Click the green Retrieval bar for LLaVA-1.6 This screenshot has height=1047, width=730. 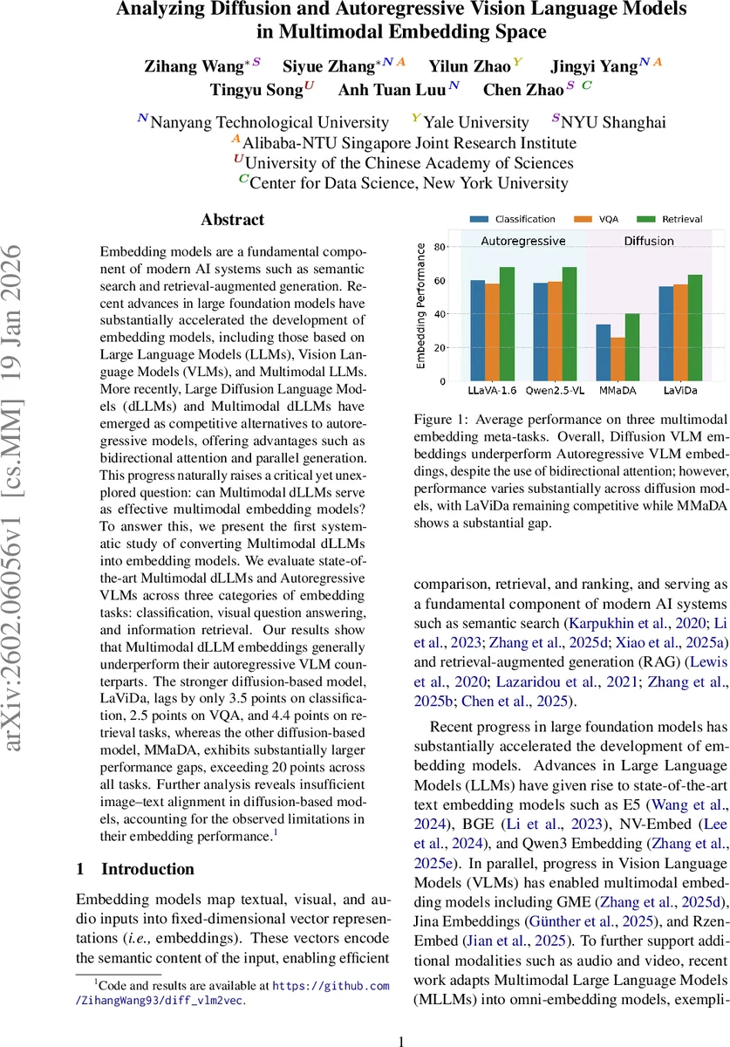coord(506,325)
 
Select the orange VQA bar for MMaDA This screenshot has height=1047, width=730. coord(618,359)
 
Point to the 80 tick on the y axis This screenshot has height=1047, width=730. coord(441,248)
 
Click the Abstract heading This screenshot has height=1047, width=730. coord(232,220)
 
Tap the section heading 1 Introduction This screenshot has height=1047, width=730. coord(135,869)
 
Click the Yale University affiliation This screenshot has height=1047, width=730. coord(474,122)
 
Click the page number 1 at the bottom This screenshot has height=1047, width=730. coord(401,1017)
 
